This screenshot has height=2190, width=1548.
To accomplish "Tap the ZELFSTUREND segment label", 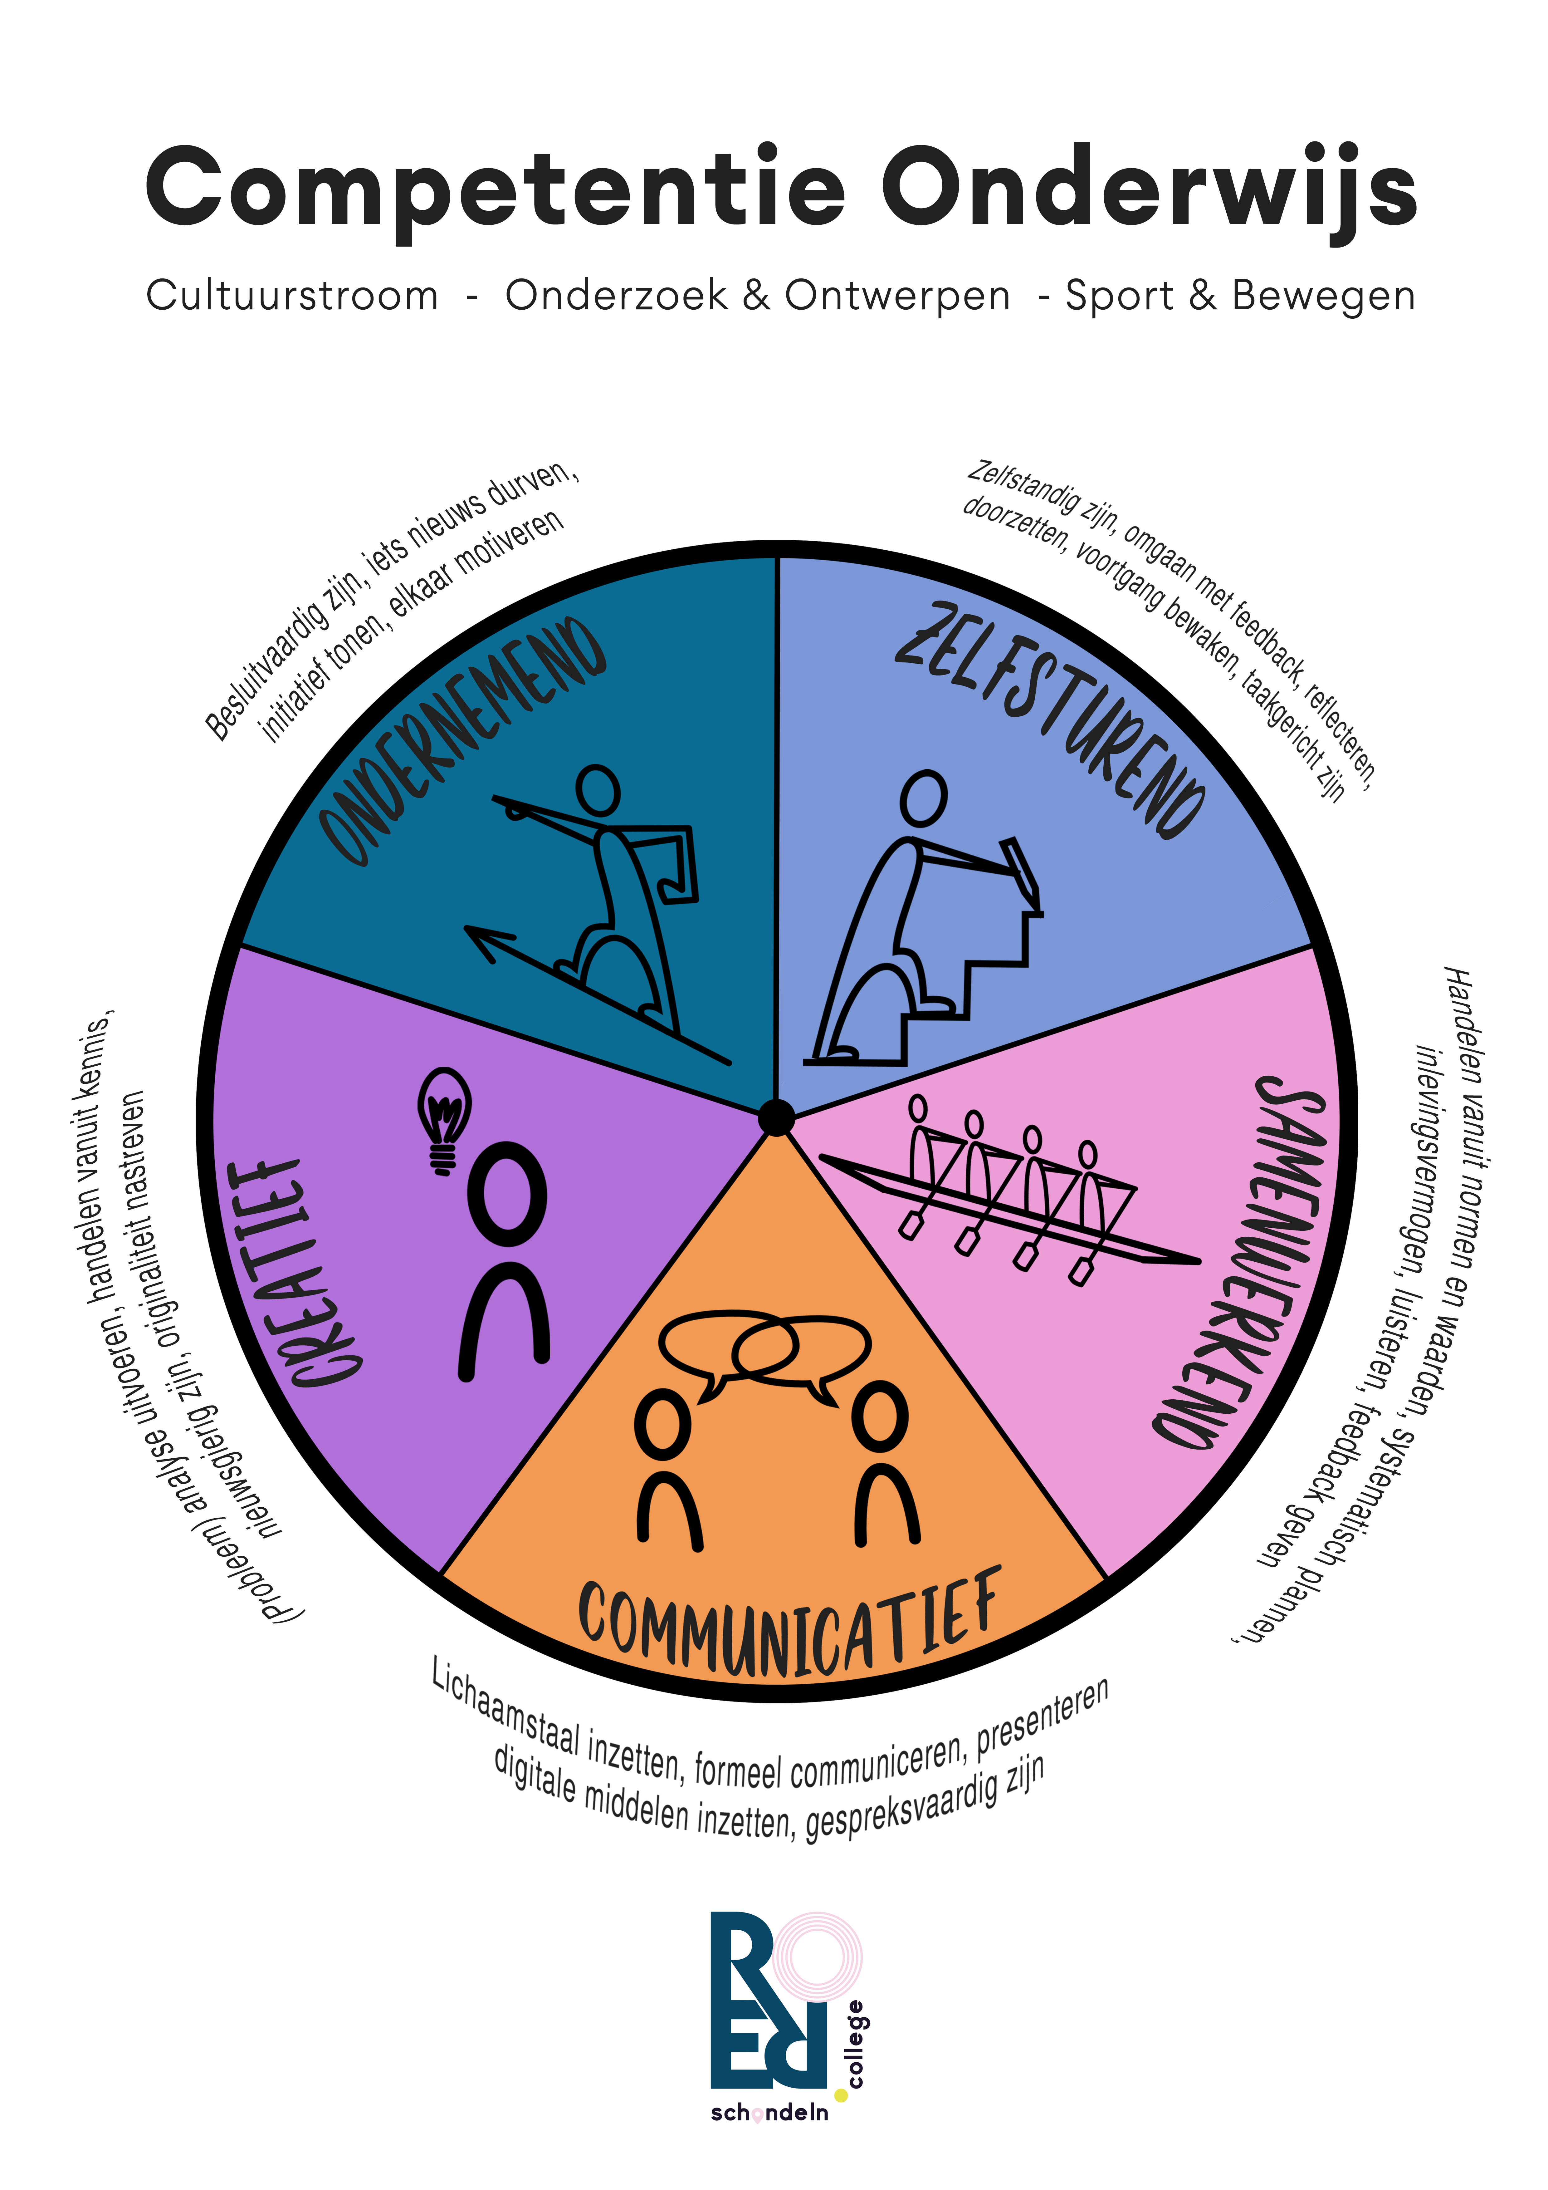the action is (1049, 720).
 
